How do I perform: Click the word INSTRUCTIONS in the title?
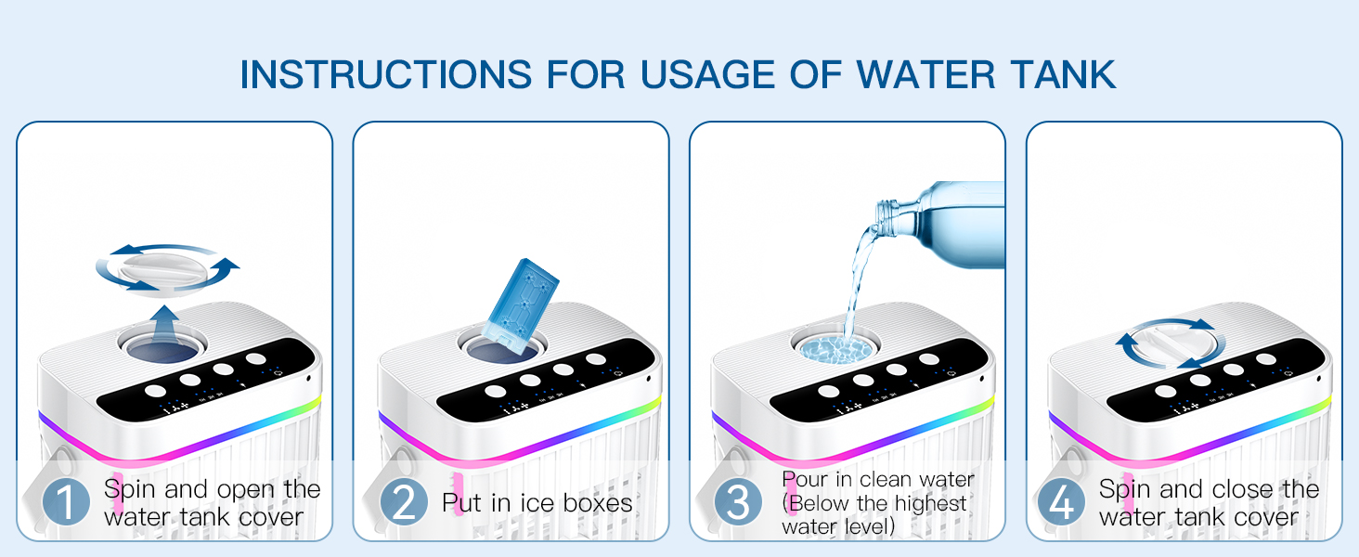point(386,74)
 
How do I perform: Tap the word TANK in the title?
point(1064,74)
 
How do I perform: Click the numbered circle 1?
point(66,502)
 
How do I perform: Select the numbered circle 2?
point(404,502)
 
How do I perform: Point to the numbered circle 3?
point(738,502)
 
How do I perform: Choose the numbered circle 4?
point(1061,502)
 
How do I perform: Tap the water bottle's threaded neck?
point(887,218)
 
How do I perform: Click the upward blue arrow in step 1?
point(164,325)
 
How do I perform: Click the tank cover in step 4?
point(1170,343)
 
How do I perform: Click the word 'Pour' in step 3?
point(805,479)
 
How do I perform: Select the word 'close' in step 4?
point(1240,489)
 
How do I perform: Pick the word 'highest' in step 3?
point(930,503)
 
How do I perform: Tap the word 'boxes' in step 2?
point(598,502)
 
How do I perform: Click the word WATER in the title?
point(925,74)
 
